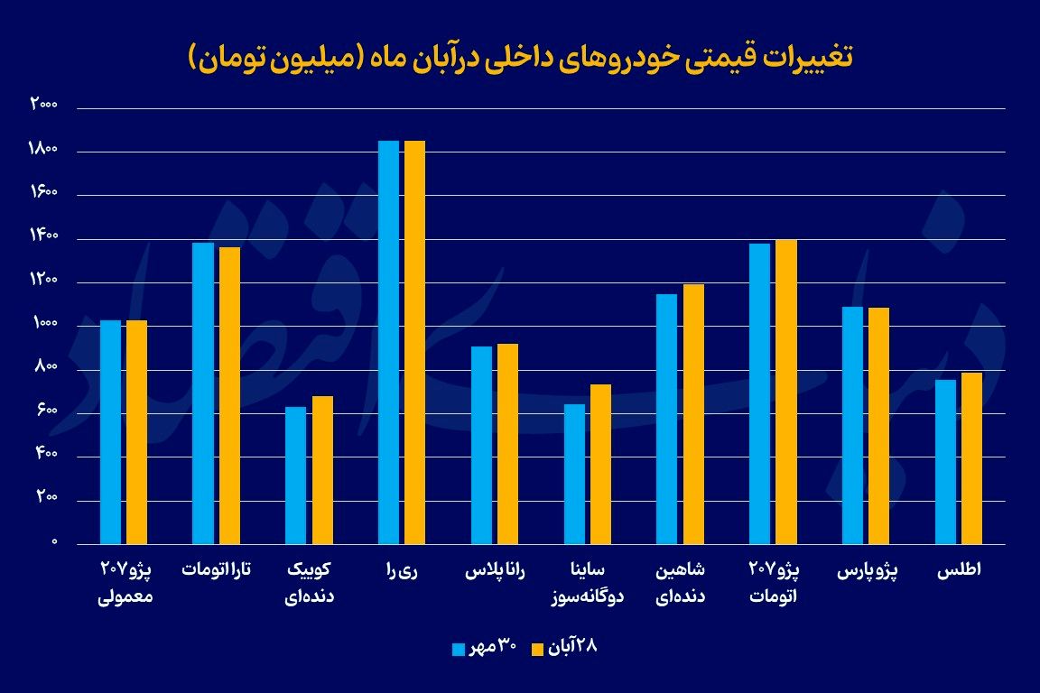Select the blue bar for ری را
388,343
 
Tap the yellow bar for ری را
414,343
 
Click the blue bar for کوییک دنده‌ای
295,476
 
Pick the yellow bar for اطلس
971,458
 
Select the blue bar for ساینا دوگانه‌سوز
574,474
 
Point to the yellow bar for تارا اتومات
229,396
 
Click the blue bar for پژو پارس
852,426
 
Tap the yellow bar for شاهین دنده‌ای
693,414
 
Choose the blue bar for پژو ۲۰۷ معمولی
110,432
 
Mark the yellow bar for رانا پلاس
507,444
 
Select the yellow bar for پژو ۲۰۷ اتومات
786,393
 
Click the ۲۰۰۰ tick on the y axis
43,106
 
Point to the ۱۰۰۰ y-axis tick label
43,325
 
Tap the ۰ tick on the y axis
53,543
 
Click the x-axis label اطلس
959,572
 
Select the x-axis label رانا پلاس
495,572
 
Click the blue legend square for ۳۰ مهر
459,649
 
